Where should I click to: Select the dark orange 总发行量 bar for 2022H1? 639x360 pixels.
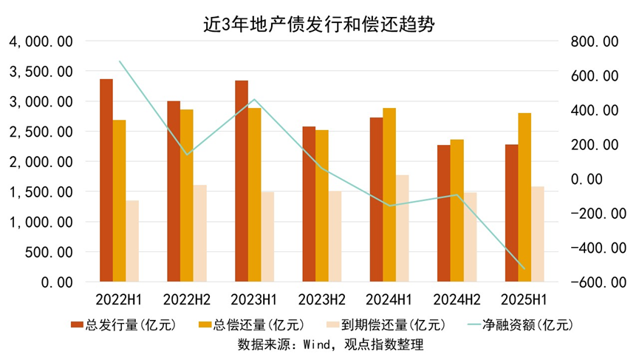tap(106, 180)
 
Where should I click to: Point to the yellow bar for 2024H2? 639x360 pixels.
tap(457, 210)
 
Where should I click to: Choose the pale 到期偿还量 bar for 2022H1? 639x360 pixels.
tap(132, 240)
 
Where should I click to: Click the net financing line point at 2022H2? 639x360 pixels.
tap(187, 154)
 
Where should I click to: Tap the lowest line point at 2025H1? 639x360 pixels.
tap(524, 269)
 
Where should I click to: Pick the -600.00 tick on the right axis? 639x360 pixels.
tap(591, 282)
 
